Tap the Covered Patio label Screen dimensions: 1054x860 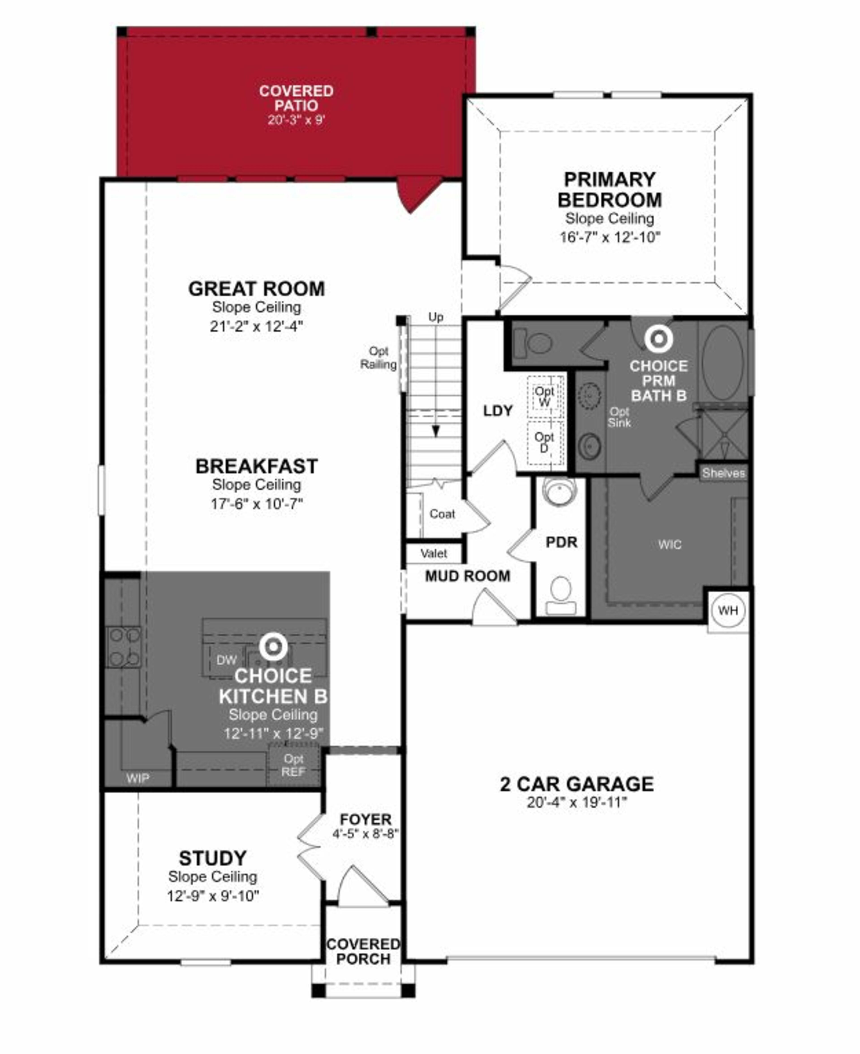pyautogui.click(x=296, y=98)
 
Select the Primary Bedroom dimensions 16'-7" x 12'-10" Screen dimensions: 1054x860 pyautogui.click(x=610, y=237)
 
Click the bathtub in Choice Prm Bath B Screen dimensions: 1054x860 pyautogui.click(x=723, y=363)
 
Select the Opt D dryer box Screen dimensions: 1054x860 pyautogui.click(x=544, y=442)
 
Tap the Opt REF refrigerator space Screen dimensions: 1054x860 pyautogui.click(x=293, y=765)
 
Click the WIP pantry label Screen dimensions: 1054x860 pyautogui.click(x=137, y=778)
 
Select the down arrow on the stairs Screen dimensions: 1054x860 pyautogui.click(x=435, y=431)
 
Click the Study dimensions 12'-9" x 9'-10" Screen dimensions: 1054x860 pyautogui.click(x=213, y=895)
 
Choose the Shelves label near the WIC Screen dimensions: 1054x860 pyautogui.click(x=723, y=473)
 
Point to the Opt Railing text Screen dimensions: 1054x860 pyautogui.click(x=378, y=358)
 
